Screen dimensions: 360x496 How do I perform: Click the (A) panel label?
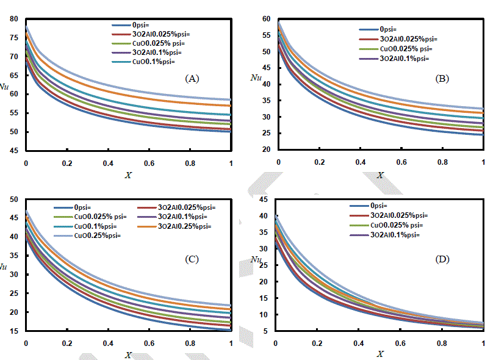(192, 79)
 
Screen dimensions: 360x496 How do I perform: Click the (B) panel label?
(443, 79)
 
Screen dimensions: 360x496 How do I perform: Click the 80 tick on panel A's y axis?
(14, 19)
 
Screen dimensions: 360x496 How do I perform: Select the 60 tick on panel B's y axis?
(265, 19)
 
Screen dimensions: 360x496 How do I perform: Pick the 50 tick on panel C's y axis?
(14, 199)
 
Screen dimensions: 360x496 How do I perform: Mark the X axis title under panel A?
(128, 176)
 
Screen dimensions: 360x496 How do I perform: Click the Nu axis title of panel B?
(256, 77)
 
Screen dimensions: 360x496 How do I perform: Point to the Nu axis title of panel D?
(256, 261)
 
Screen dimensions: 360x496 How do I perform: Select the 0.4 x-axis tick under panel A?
(108, 164)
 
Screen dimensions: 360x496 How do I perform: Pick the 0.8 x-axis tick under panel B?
(442, 163)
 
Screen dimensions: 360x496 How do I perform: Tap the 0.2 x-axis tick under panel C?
(66, 344)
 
